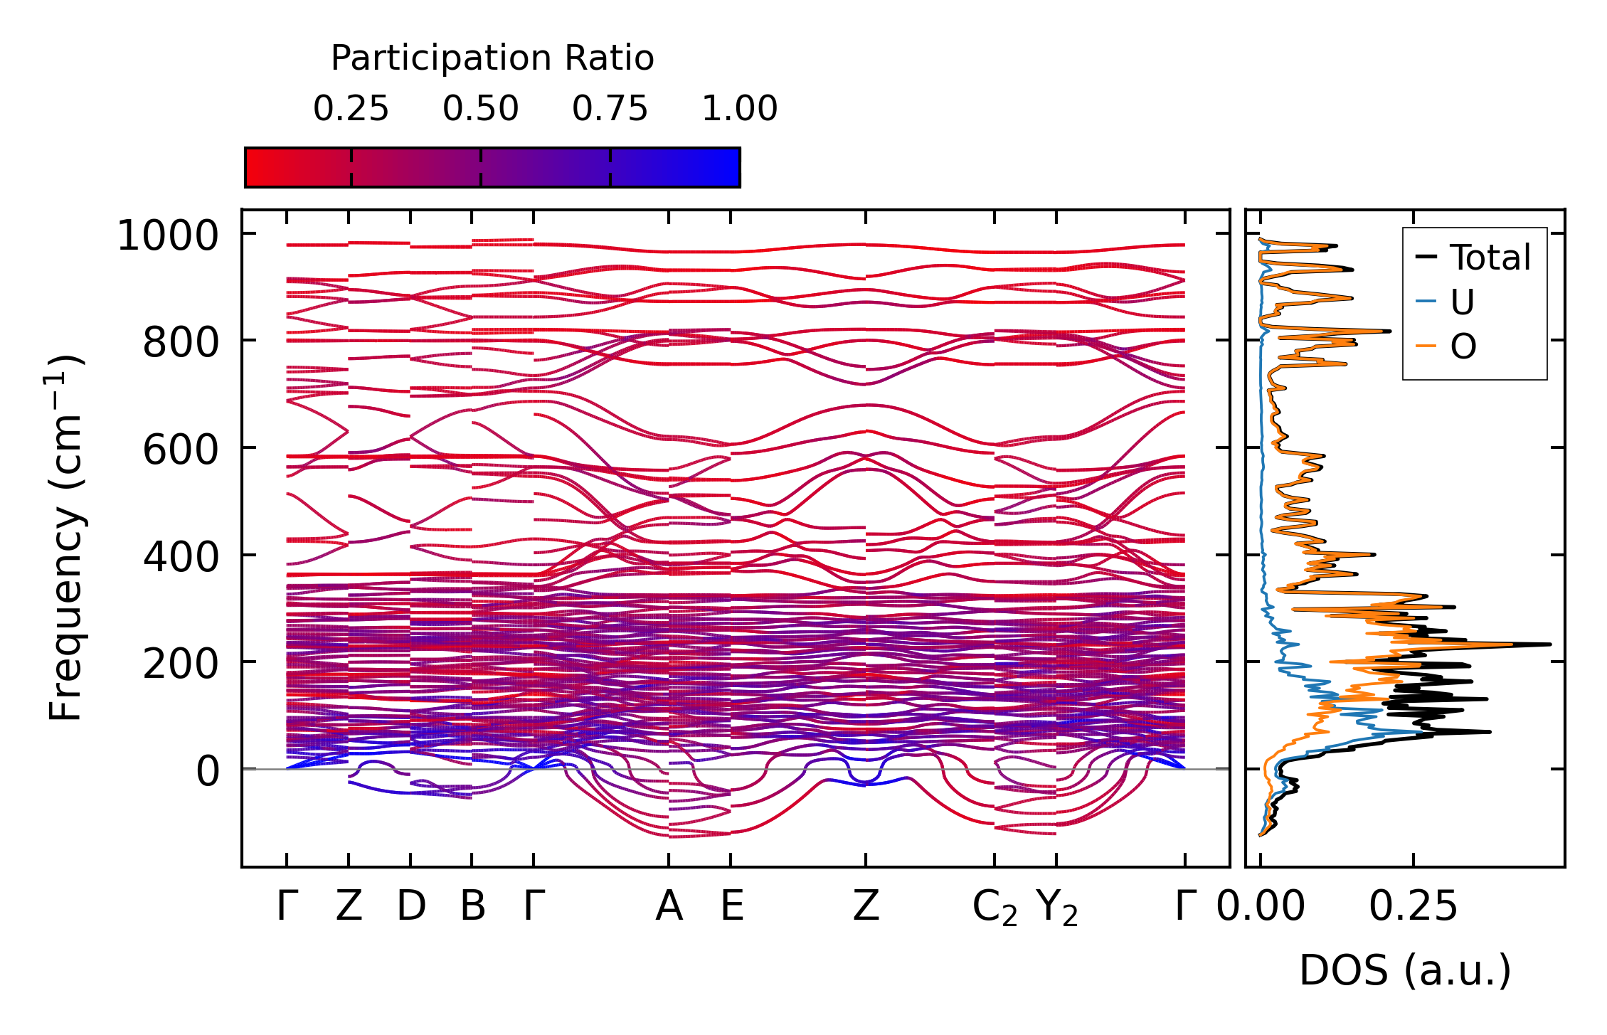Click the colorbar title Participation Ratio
[x=492, y=58]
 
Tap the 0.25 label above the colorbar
[x=351, y=109]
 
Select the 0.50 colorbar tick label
[x=481, y=109]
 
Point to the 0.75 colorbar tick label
[x=610, y=109]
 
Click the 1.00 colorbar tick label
[x=740, y=109]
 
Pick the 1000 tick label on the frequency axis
[x=168, y=235]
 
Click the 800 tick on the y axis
[x=181, y=343]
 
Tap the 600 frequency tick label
[x=181, y=450]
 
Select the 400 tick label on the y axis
[x=181, y=557]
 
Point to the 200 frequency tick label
[x=181, y=664]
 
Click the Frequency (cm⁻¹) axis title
[x=65, y=538]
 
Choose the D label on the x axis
[x=411, y=907]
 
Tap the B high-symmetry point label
[x=473, y=907]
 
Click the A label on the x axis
[x=669, y=907]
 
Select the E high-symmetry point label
[x=732, y=907]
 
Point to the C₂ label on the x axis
[x=995, y=908]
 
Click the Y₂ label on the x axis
[x=1057, y=908]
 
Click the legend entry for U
[x=1462, y=302]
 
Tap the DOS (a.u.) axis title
[x=1405, y=971]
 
